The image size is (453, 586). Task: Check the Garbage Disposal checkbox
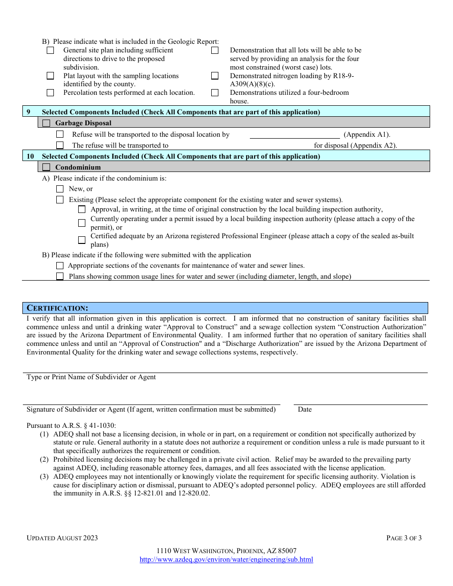pyautogui.click(x=46, y=123)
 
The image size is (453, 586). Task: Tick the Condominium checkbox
pyautogui.click(x=46, y=167)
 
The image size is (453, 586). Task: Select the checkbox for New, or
pyautogui.click(x=60, y=189)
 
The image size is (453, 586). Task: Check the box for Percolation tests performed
pyautogui.click(x=50, y=93)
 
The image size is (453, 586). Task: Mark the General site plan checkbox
pyautogui.click(x=50, y=51)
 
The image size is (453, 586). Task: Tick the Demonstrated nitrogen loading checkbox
pyautogui.click(x=215, y=76)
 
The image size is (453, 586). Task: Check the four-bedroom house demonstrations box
pyautogui.click(x=215, y=93)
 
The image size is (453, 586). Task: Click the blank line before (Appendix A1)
pyautogui.click(x=295, y=135)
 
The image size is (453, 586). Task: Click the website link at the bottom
pyautogui.click(x=226, y=559)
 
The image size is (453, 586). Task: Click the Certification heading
pyautogui.click(x=57, y=308)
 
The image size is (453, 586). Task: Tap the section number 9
pyautogui.click(x=29, y=112)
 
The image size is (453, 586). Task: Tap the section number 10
pyautogui.click(x=30, y=156)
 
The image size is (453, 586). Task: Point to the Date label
pyautogui.click(x=305, y=409)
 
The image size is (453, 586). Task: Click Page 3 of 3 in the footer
pyautogui.click(x=403, y=538)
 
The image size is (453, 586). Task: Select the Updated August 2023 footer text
pyautogui.click(x=62, y=538)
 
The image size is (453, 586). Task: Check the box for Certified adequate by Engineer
pyautogui.click(x=82, y=240)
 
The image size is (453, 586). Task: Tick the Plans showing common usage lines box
pyautogui.click(x=60, y=276)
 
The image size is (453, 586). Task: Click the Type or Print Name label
pyautogui.click(x=91, y=377)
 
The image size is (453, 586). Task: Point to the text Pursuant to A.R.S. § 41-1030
pyautogui.click(x=71, y=425)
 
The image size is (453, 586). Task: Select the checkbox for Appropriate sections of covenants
pyautogui.click(x=60, y=266)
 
